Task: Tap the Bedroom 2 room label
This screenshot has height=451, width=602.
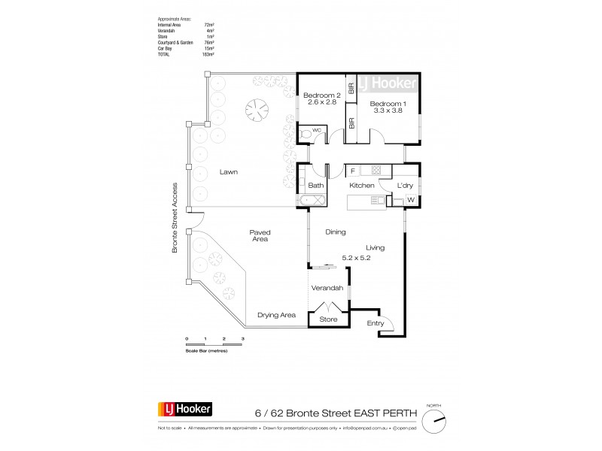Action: pyautogui.click(x=323, y=95)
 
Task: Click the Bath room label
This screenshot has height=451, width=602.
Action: pyautogui.click(x=315, y=185)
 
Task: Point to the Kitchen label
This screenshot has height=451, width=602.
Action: pyautogui.click(x=361, y=185)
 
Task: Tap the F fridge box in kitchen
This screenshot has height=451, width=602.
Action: pyautogui.click(x=353, y=171)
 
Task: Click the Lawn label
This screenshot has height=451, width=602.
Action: pyautogui.click(x=229, y=172)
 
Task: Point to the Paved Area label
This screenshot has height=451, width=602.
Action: pyautogui.click(x=260, y=237)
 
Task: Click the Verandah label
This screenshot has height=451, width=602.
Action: pyautogui.click(x=327, y=289)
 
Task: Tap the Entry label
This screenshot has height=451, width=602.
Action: pyautogui.click(x=375, y=323)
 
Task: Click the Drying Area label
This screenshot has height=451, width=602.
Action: pyautogui.click(x=276, y=315)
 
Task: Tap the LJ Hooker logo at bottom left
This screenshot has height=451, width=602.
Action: pyautogui.click(x=185, y=410)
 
